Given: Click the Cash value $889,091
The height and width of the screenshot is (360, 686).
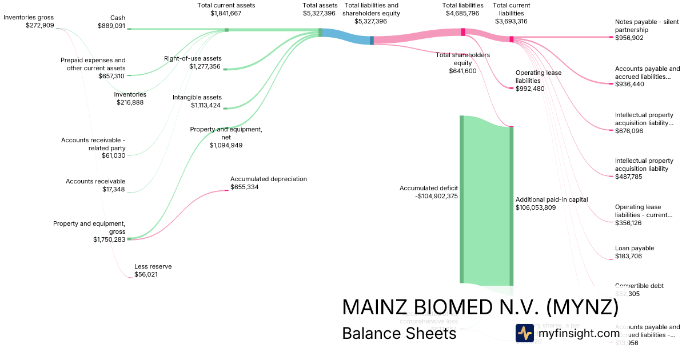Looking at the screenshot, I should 111,26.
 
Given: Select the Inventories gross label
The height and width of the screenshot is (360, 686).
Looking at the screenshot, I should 29,17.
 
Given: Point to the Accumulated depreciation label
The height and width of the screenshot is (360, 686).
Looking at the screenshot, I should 269,179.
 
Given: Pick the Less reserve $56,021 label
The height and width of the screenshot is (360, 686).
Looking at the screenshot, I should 153,270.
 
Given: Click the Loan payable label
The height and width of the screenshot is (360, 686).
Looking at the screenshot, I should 635,248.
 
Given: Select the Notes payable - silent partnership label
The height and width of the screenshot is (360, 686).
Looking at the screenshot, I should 647,26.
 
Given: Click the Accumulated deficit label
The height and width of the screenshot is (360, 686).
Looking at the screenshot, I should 429,187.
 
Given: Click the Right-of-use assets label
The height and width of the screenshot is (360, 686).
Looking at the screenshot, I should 193,58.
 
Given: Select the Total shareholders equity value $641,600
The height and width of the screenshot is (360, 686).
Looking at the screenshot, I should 462,71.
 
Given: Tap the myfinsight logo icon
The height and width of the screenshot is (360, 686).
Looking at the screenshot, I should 524,333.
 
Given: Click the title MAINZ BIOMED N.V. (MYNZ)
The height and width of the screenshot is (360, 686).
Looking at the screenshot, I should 480,307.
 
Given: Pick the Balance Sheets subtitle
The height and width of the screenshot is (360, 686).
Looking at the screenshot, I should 399,333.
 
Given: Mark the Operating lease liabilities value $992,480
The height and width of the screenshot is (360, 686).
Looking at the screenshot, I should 530,89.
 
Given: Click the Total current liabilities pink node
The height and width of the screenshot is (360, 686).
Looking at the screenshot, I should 512,39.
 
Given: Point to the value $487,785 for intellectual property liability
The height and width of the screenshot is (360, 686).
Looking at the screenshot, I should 629,177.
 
